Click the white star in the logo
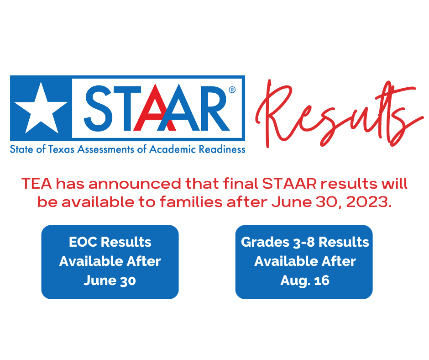(x=40, y=108)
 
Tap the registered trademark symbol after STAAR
(x=232, y=90)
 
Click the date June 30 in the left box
(x=110, y=281)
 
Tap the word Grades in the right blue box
(x=260, y=242)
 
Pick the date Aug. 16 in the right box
(x=304, y=281)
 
